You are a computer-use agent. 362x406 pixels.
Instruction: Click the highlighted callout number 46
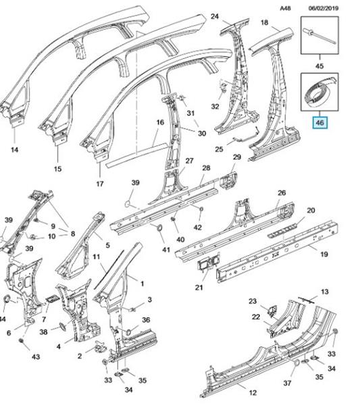[x=319, y=122]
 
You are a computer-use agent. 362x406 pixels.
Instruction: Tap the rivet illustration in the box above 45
[x=319, y=36]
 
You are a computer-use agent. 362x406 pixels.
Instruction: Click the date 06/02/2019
[x=324, y=8]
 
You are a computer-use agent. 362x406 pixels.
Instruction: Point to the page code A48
[x=285, y=8]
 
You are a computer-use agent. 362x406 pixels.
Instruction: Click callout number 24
[x=215, y=17]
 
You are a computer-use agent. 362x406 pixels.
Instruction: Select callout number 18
[x=264, y=23]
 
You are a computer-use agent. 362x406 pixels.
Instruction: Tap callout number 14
[x=14, y=150]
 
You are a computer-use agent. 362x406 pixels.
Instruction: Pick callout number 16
[x=160, y=122]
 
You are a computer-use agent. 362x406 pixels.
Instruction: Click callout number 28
[x=206, y=168]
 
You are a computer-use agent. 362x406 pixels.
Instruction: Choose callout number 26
[x=282, y=193]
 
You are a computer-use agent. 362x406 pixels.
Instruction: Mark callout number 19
[x=324, y=254]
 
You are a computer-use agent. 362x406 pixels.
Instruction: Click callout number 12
[x=253, y=392]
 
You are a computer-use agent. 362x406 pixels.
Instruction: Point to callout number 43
[x=36, y=357]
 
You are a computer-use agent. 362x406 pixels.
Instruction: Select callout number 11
[x=96, y=257]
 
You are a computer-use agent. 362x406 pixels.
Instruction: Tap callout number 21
[x=199, y=287]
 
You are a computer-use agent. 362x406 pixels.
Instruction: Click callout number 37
[x=287, y=383]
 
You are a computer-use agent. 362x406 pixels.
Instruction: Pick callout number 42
[x=197, y=227]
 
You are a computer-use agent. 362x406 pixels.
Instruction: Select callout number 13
[x=325, y=292]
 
